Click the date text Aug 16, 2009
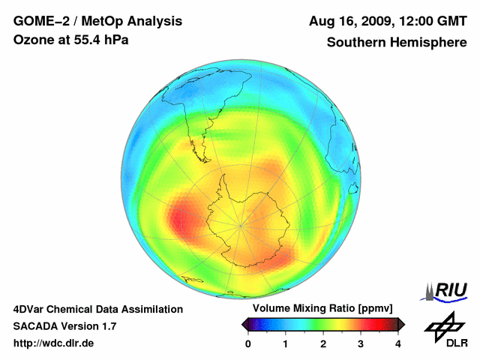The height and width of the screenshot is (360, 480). point(349,21)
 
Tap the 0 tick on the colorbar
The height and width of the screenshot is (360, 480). point(248,343)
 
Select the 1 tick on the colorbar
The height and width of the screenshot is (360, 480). point(286,343)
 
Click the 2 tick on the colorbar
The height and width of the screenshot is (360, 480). point(323,343)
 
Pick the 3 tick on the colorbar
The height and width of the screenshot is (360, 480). point(361,343)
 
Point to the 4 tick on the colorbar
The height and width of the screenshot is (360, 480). point(398,343)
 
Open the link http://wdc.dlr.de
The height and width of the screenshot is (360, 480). point(54,343)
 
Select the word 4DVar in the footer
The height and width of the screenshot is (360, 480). point(31,309)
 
